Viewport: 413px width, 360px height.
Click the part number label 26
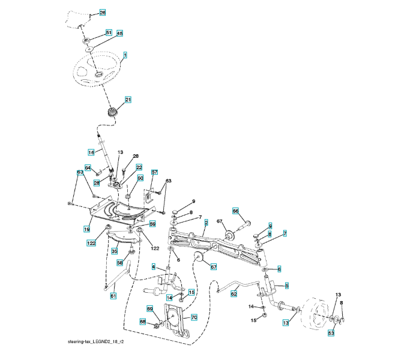pyautogui.click(x=102, y=13)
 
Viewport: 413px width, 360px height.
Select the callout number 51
pyautogui.click(x=109, y=32)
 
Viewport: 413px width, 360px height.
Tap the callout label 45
pyautogui.click(x=119, y=34)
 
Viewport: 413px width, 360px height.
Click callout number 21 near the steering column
pyautogui.click(x=128, y=99)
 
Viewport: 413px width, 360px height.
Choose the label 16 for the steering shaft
pyautogui.click(x=91, y=152)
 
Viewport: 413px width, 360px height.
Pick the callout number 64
pyautogui.click(x=88, y=168)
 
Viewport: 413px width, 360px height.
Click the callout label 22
pyautogui.click(x=139, y=167)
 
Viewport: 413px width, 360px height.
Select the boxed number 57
pyautogui.click(x=154, y=172)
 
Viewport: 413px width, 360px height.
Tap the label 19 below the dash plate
pyautogui.click(x=86, y=228)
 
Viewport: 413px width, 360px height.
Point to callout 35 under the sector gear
pyautogui.click(x=114, y=252)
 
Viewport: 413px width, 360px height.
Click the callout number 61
pyautogui.click(x=113, y=295)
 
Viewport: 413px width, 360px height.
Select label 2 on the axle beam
pyautogui.click(x=206, y=223)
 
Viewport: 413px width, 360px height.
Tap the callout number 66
pyautogui.click(x=235, y=211)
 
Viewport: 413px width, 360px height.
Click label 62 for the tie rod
pyautogui.click(x=234, y=294)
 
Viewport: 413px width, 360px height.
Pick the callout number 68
pyautogui.click(x=143, y=322)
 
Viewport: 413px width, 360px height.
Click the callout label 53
pyautogui.click(x=330, y=332)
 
